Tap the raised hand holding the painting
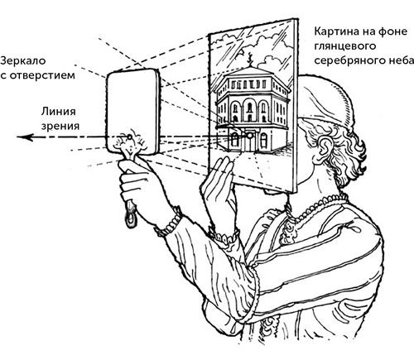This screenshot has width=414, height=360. tap(219, 178)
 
